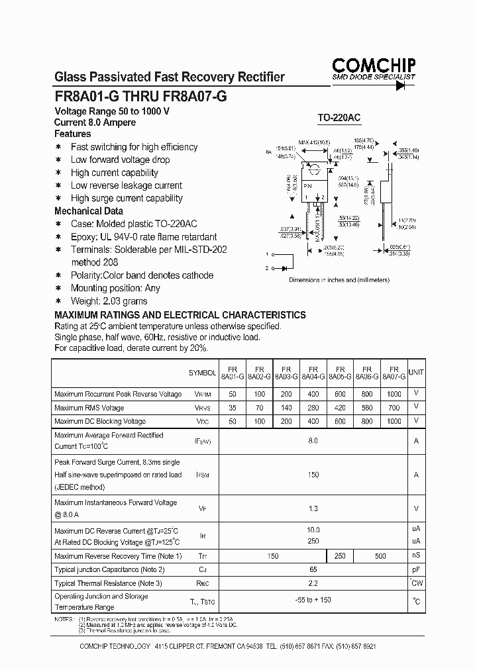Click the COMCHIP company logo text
tap(374, 65)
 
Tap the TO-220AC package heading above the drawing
tap(339, 118)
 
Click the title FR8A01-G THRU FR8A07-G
tap(140, 95)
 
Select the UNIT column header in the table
tap(417, 372)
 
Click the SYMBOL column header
tap(202, 373)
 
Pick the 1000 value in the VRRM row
tap(394, 394)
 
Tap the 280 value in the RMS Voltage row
tap(313, 408)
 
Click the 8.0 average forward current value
tap(313, 440)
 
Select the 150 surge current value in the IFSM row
tap(313, 475)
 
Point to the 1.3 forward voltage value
tap(313, 508)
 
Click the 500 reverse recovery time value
tap(380, 556)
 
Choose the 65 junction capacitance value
tap(313, 569)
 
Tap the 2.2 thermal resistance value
tap(313, 583)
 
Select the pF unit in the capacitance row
tap(416, 569)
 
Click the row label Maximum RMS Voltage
tap(89, 408)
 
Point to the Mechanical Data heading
tap(89, 211)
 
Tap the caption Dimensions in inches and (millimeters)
tap(339, 280)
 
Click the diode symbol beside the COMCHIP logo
tap(400, 87)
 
